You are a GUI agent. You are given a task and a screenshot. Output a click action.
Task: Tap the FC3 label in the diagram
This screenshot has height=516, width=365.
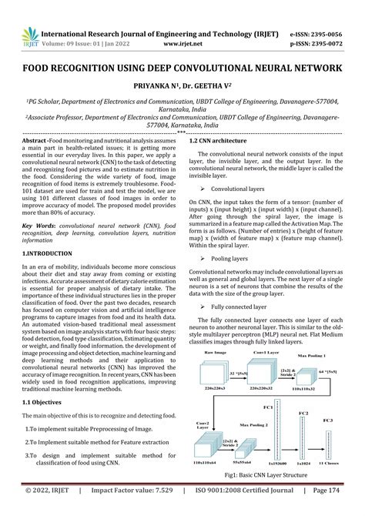tap(327, 419)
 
